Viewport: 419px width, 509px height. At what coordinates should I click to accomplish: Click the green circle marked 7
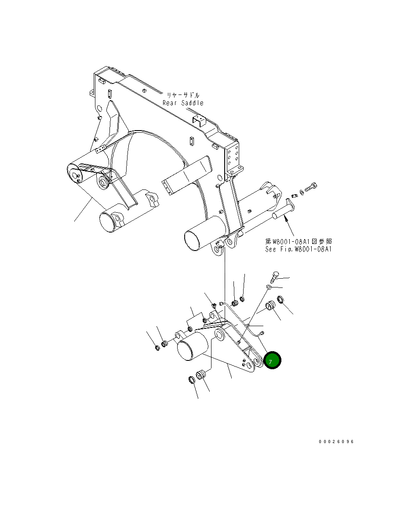click(x=272, y=361)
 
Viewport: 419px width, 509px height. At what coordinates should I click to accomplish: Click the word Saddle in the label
click(x=193, y=103)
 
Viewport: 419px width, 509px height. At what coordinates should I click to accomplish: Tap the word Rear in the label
click(x=170, y=103)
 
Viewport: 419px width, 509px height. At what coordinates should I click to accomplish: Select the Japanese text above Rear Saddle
click(x=183, y=95)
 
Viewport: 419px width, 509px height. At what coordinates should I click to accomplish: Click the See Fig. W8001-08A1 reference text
click(x=298, y=249)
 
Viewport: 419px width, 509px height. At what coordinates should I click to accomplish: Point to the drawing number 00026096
click(x=336, y=441)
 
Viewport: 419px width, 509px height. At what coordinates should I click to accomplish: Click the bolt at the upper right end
click(x=311, y=188)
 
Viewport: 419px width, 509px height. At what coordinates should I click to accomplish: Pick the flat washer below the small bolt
click(x=268, y=287)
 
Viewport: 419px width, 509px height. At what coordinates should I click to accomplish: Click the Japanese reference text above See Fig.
click(x=298, y=241)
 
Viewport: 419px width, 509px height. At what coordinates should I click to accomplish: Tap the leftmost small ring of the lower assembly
click(x=157, y=348)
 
